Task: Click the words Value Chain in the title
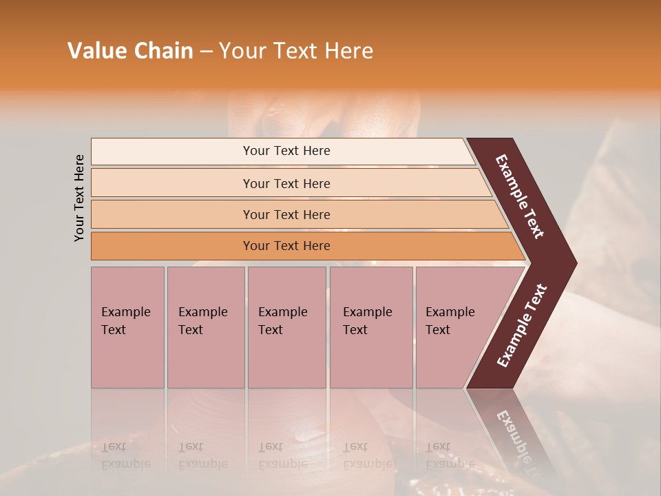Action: [x=130, y=51]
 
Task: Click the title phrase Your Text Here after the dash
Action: [x=296, y=51]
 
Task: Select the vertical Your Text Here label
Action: [x=79, y=198]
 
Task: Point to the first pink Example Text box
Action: [x=127, y=327]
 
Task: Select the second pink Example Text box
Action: [x=205, y=327]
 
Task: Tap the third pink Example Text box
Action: [x=286, y=327]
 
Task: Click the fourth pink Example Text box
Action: [x=370, y=327]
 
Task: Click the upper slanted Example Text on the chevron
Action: [x=520, y=196]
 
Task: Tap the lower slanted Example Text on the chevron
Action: [x=523, y=326]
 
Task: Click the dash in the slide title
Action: [x=206, y=52]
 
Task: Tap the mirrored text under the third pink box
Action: [x=282, y=455]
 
